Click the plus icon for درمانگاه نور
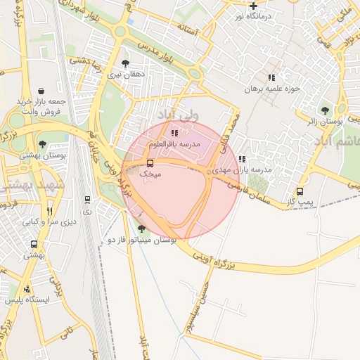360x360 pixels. (x=253, y=6)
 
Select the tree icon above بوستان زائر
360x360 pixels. (x=324, y=110)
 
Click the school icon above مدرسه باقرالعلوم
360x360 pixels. (x=174, y=132)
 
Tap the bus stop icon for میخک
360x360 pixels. (x=150, y=163)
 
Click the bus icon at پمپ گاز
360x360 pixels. (x=300, y=191)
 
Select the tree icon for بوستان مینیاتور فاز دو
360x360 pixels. (x=142, y=229)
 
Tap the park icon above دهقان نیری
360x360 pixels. (x=126, y=63)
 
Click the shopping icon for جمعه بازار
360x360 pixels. (x=41, y=91)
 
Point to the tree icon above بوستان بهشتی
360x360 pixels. (x=43, y=143)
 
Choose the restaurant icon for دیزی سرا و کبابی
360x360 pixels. (x=49, y=210)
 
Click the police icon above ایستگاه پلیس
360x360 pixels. (x=27, y=288)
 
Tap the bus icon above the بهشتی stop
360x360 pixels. (x=34, y=245)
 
